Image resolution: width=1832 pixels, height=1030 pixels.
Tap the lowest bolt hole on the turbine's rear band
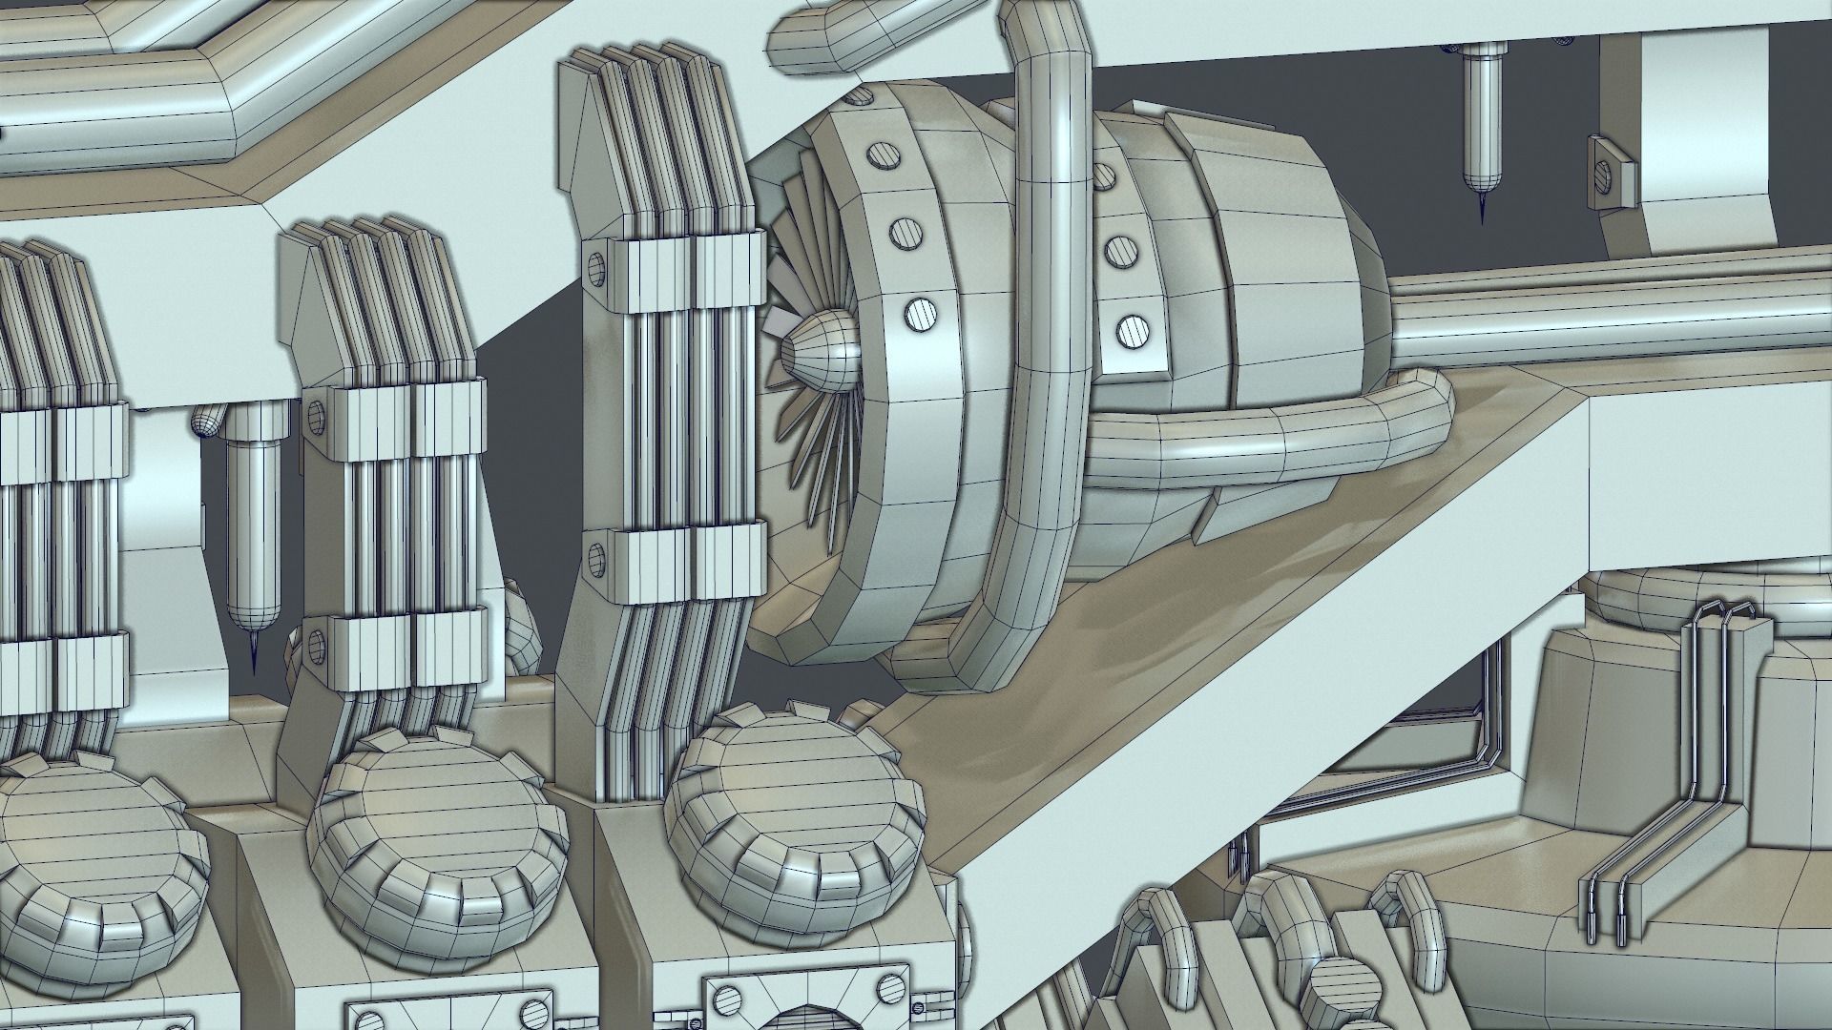point(1130,330)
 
